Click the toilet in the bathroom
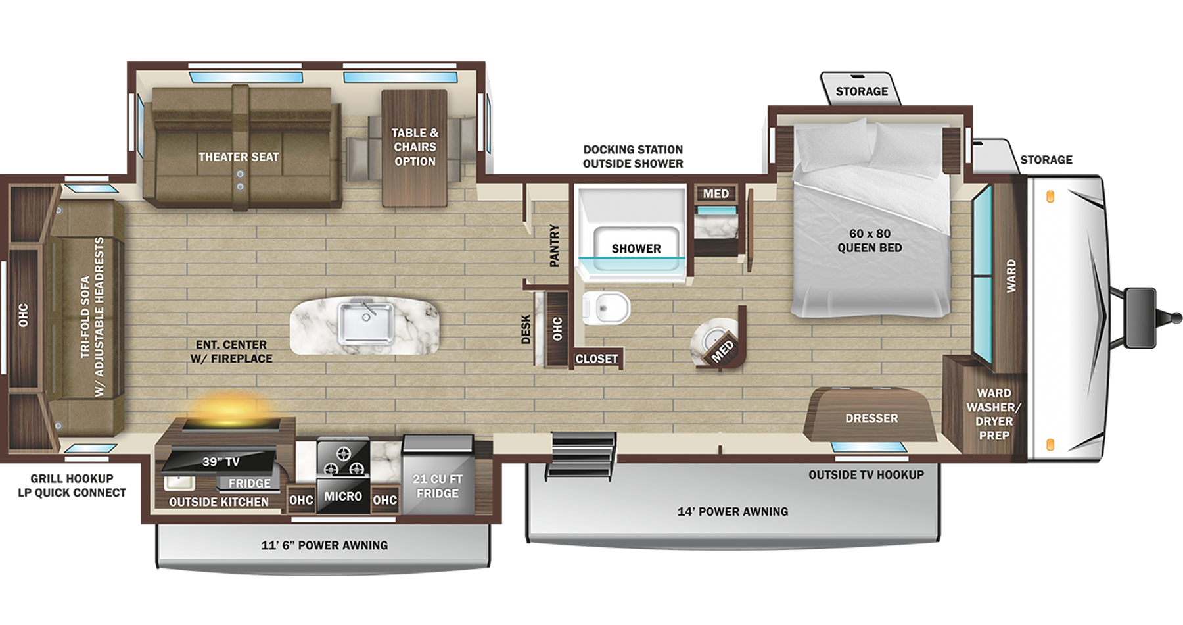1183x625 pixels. click(609, 308)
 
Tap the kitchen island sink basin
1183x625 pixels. click(366, 323)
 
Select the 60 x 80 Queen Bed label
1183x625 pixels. click(869, 241)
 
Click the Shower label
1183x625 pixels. click(636, 249)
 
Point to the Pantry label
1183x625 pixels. click(555, 245)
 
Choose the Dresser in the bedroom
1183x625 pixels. click(871, 417)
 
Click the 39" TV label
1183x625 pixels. click(220, 462)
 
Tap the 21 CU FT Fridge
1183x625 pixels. click(438, 486)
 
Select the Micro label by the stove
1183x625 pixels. click(342, 496)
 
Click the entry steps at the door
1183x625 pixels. click(582, 454)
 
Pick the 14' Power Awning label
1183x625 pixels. click(732, 511)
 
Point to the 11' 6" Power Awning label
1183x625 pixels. click(324, 545)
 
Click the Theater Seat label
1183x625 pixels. click(239, 157)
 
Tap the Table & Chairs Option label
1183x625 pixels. click(415, 147)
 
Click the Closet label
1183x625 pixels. click(596, 359)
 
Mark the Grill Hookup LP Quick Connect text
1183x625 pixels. click(72, 486)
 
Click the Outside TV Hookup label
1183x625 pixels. click(866, 474)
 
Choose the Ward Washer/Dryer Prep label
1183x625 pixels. click(993, 414)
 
